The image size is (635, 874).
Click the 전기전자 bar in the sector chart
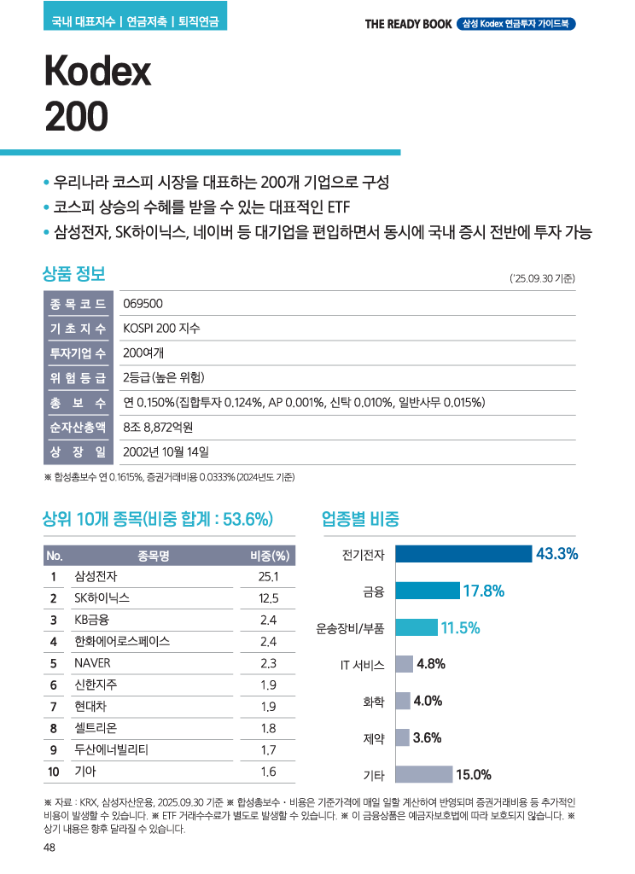click(x=463, y=554)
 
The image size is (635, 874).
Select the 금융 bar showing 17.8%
click(x=427, y=591)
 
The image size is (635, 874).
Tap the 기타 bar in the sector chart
click(x=423, y=774)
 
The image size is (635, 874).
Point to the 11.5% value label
click(x=461, y=628)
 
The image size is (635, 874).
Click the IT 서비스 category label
click(x=362, y=665)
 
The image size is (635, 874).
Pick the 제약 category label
click(x=374, y=738)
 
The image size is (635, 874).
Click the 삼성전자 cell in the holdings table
click(x=96, y=576)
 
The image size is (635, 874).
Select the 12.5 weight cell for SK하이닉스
click(x=268, y=597)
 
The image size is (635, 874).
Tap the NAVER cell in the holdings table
click(x=92, y=662)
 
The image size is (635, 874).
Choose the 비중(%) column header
click(x=269, y=556)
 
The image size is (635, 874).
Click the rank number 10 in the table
click(x=53, y=772)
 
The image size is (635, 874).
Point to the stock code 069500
click(x=143, y=305)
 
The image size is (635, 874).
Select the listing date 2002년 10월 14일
click(x=166, y=451)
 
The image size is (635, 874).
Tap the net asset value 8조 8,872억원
click(x=158, y=427)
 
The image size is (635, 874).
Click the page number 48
click(x=50, y=848)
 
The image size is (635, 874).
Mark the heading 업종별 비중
click(x=360, y=518)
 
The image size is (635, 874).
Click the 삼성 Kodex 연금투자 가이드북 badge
click(x=516, y=23)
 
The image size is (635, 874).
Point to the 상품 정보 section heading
click(x=73, y=274)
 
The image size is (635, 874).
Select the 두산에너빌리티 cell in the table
click(x=111, y=750)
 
